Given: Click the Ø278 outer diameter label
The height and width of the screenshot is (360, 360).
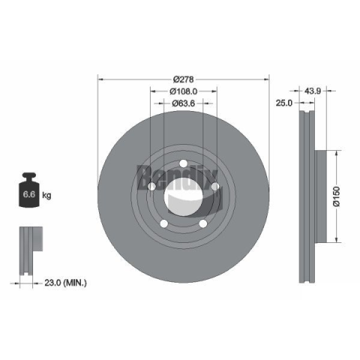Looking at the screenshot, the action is pos(184,79).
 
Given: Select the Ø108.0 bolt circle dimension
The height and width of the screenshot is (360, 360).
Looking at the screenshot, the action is pos(184,91).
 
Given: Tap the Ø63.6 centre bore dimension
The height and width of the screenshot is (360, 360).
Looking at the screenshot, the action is pos(183,103).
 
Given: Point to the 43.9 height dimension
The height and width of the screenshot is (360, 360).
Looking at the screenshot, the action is pos(313,91).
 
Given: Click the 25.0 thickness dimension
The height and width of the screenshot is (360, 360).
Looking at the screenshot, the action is pos(283,103).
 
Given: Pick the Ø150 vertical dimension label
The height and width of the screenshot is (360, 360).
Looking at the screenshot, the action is pos(337,196).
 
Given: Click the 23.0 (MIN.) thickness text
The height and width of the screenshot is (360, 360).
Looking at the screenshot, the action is pos(65,283).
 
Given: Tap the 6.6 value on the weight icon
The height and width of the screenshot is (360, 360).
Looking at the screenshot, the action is pos(29,194).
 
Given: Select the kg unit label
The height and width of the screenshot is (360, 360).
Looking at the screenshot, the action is pos(46,195).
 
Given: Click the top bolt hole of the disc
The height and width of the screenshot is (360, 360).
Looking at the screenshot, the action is pos(183,163).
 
